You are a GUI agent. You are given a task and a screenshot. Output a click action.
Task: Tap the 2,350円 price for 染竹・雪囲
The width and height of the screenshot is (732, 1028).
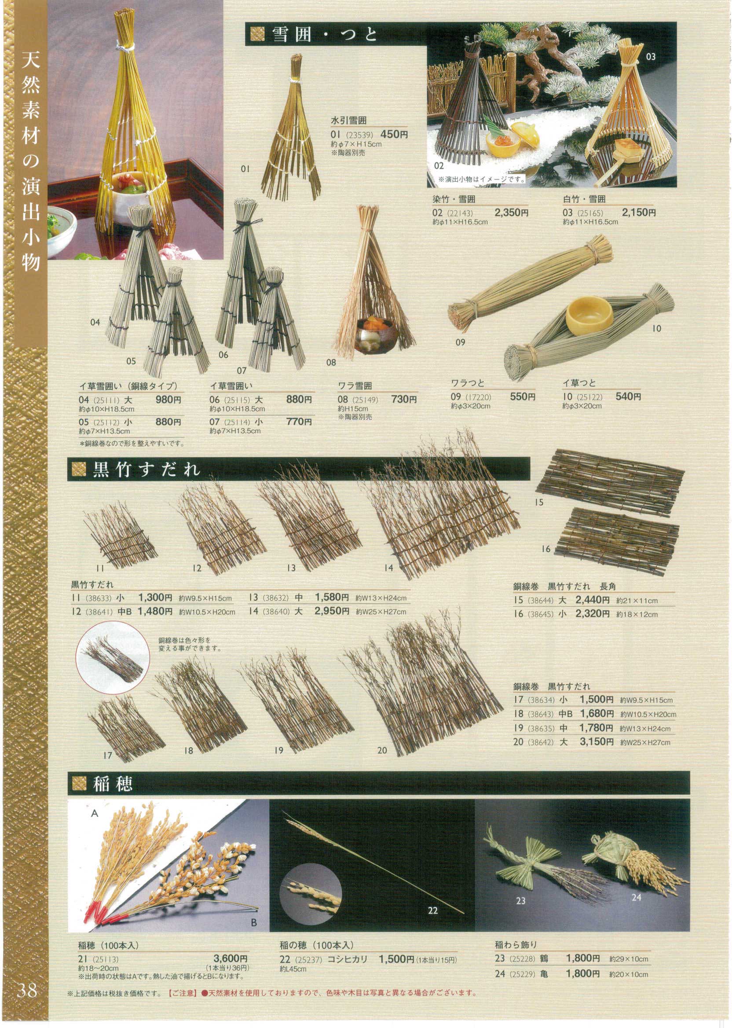coord(512,213)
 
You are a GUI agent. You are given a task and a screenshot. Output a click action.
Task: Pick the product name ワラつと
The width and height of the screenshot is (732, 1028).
coord(468,383)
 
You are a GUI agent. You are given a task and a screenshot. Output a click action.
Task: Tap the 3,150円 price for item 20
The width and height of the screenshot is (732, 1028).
coord(597,742)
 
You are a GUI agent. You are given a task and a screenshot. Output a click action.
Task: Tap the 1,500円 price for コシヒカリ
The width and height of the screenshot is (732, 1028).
coord(396,959)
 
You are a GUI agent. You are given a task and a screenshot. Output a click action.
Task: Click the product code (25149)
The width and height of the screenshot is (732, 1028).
coord(364,400)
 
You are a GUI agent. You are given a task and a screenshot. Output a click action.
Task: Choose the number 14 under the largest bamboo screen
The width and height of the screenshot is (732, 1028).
coord(388,568)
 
